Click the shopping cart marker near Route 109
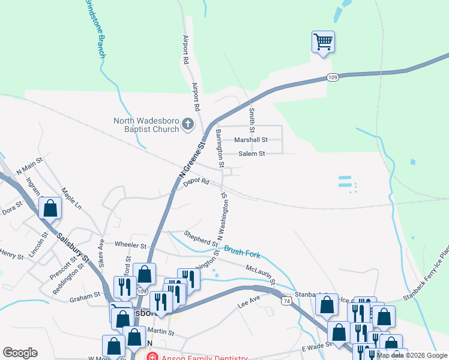coord(323,42)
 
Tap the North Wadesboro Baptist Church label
coord(146,125)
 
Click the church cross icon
coord(188,125)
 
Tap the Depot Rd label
coord(196,182)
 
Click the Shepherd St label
coord(201,239)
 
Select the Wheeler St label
coord(130,245)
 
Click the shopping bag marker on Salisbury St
coord(50,208)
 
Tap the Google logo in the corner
coord(20,353)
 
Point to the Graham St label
coord(84,296)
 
